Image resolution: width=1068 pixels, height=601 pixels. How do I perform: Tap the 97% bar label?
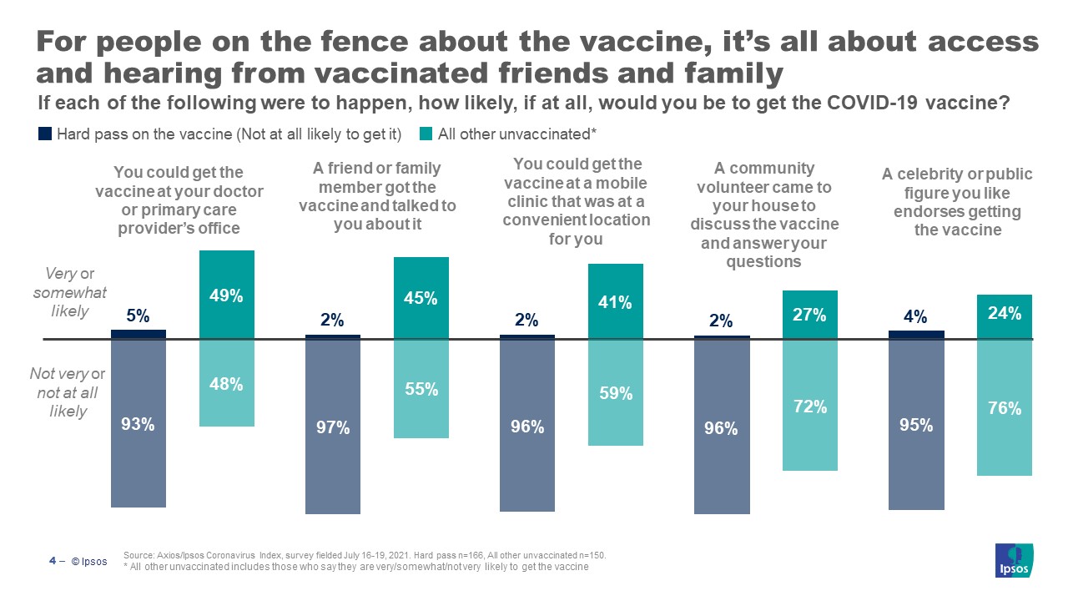(x=333, y=428)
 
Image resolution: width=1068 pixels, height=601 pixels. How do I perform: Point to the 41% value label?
(x=615, y=303)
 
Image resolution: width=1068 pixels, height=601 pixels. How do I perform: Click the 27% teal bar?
(x=810, y=315)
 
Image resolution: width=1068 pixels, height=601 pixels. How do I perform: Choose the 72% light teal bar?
(x=810, y=406)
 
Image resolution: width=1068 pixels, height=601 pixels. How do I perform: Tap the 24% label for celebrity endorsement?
(x=1005, y=315)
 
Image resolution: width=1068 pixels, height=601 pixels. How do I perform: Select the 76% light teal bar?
(x=1005, y=408)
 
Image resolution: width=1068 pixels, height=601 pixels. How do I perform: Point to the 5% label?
(x=139, y=316)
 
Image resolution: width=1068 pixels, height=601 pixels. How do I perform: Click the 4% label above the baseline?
(x=916, y=317)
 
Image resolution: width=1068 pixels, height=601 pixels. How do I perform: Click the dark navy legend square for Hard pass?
(x=46, y=134)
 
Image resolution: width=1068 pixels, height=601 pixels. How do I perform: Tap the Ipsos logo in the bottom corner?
(x=1014, y=560)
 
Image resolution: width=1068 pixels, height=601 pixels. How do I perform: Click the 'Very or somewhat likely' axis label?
(x=70, y=292)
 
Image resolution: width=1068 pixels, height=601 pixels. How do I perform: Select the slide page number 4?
(x=52, y=561)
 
